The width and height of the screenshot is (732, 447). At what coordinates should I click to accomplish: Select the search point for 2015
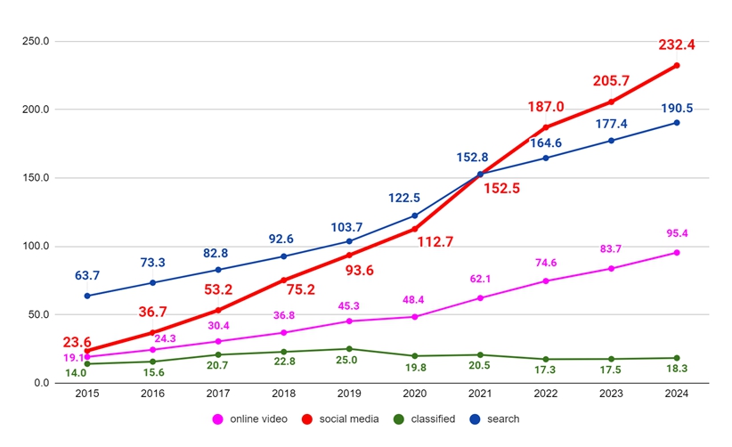click(x=87, y=296)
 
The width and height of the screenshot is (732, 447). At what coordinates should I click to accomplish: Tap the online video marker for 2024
click(x=677, y=253)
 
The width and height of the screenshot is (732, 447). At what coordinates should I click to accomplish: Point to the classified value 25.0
click(x=349, y=360)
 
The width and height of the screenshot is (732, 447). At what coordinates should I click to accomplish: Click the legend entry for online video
click(x=256, y=419)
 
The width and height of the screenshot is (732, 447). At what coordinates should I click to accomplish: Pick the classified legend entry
click(x=427, y=419)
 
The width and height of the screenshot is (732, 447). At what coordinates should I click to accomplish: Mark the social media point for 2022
click(x=546, y=127)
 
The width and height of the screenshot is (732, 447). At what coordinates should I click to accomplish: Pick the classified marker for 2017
click(x=218, y=354)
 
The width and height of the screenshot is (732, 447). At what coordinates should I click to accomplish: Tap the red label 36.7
click(x=152, y=312)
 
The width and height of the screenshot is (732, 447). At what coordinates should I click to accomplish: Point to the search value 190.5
click(x=677, y=108)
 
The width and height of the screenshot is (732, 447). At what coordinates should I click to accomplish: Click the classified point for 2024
click(x=677, y=358)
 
